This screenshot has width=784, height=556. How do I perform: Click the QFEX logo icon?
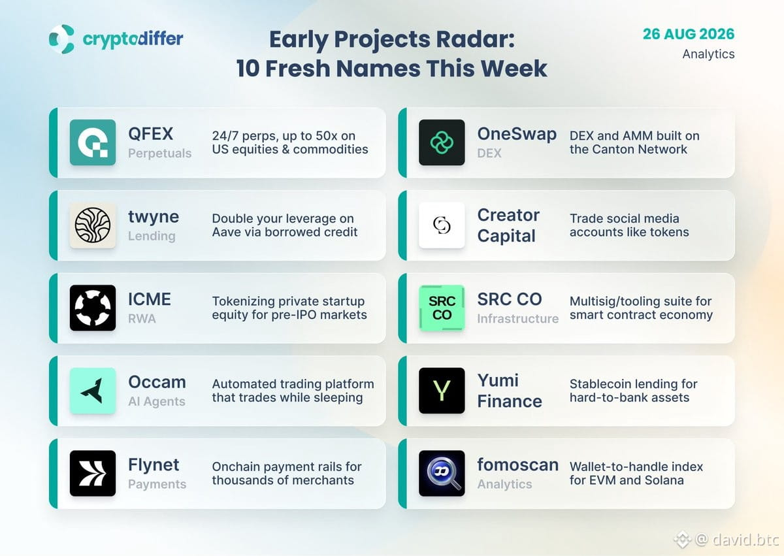point(93,142)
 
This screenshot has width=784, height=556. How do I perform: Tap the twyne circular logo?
point(93,225)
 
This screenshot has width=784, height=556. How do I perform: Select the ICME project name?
point(150,299)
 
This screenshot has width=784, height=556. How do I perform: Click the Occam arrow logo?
point(93,391)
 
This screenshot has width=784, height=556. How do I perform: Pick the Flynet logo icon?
point(93,473)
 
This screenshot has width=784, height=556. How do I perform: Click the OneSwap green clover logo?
point(442,142)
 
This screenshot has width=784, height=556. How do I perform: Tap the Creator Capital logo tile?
point(442,225)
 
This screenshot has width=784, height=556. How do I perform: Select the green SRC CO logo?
point(442,308)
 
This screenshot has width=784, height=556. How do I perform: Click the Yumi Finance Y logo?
point(442,391)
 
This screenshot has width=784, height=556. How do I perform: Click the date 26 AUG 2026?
point(689,34)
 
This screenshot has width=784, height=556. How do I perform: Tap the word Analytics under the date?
point(708,54)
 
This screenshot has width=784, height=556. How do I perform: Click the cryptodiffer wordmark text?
point(133,39)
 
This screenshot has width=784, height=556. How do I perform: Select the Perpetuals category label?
point(159,154)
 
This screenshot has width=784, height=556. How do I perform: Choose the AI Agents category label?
point(156,401)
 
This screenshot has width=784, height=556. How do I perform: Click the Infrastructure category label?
point(517,319)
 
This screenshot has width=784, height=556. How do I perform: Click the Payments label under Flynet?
point(157,484)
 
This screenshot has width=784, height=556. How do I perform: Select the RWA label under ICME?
point(142,319)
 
